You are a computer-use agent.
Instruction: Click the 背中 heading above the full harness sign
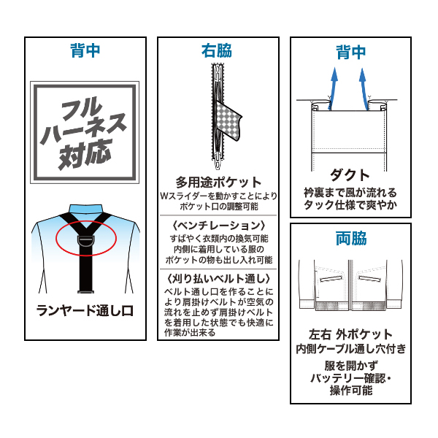click(x=85, y=51)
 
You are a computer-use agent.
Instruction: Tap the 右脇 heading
click(x=217, y=51)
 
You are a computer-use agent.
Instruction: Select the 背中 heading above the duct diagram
click(x=350, y=52)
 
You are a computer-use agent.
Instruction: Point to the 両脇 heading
click(x=350, y=239)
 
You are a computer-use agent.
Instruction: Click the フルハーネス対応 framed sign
click(x=85, y=133)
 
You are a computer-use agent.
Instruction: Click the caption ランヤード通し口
click(x=85, y=310)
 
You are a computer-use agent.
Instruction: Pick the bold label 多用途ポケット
click(x=218, y=182)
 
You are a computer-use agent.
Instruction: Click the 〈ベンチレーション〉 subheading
click(x=218, y=225)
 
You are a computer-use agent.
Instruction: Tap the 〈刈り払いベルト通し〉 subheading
click(x=218, y=278)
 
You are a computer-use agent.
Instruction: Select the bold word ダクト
click(x=350, y=175)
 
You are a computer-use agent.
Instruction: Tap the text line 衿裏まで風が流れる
click(x=350, y=193)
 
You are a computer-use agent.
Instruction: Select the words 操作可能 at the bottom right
click(x=350, y=391)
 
